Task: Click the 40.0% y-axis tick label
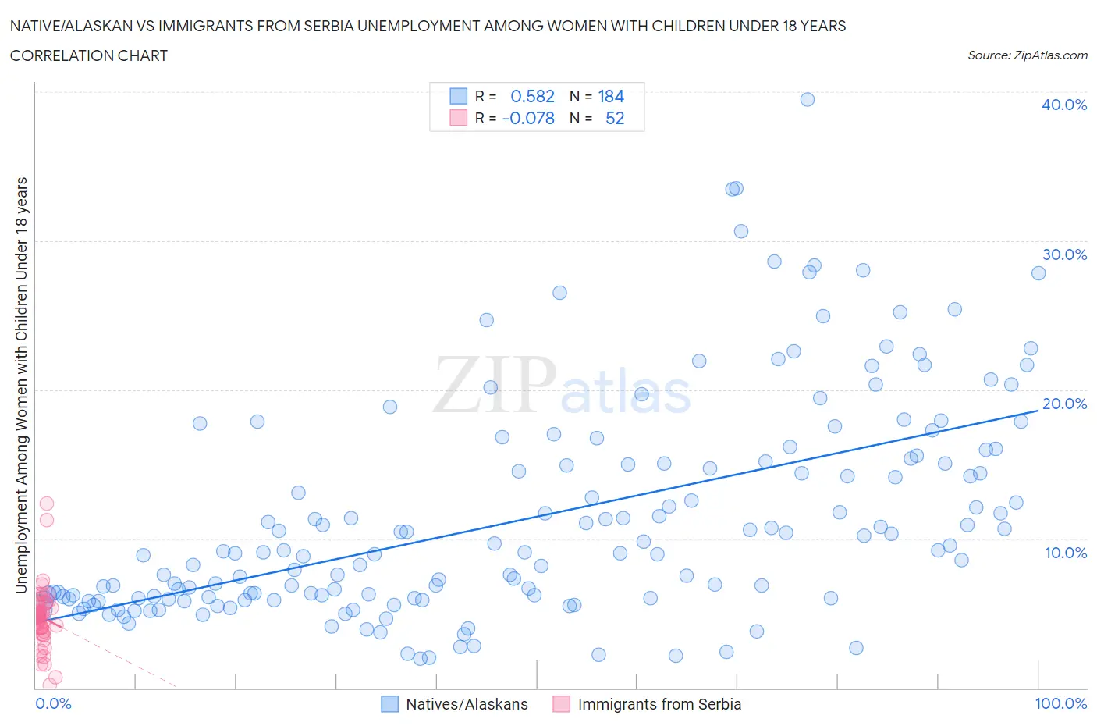[1063, 105]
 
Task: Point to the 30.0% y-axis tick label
[1063, 254]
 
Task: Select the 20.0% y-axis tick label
[1063, 404]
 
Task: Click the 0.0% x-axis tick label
[53, 703]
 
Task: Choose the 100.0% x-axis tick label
[1060, 703]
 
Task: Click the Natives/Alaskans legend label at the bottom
[467, 704]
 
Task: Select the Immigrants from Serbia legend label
[659, 704]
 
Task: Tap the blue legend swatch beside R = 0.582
[458, 96]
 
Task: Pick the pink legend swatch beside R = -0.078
[458, 118]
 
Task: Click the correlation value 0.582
[532, 96]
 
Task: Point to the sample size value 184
[611, 96]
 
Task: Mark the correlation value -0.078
[528, 118]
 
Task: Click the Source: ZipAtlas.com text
[1027, 55]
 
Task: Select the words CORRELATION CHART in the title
[89, 55]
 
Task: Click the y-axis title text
[21, 385]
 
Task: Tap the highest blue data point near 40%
[808, 99]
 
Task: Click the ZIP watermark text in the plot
[495, 384]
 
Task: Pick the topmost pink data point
[47, 504]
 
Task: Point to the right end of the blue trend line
[1038, 410]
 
